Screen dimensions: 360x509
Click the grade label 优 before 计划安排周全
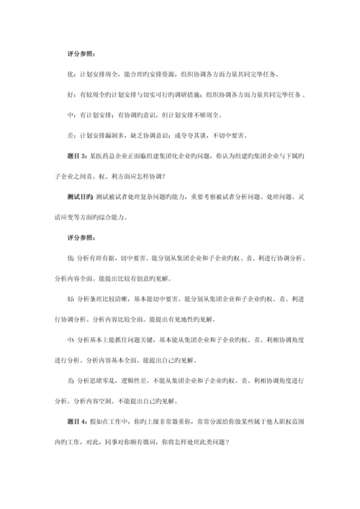pyautogui.click(x=68, y=74)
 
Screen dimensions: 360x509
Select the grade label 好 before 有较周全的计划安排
pyautogui.click(x=68, y=94)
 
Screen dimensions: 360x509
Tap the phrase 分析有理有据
pyautogui.click(x=91, y=256)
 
